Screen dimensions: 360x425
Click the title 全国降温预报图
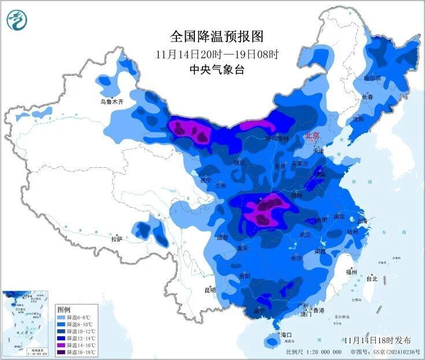[x=217, y=36]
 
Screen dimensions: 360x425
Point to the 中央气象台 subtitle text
[x=217, y=69]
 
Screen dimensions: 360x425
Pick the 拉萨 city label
[x=117, y=238]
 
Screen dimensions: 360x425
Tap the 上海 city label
[x=363, y=221]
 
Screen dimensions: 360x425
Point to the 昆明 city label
[x=209, y=290]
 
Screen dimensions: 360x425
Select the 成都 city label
[x=222, y=237]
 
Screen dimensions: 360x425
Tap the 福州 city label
[x=351, y=271]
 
